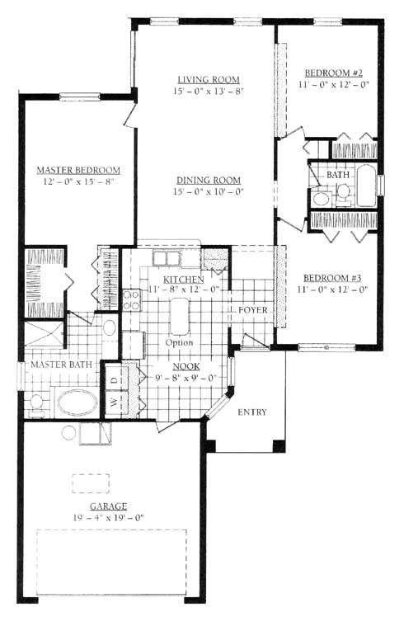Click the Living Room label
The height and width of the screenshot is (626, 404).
(x=209, y=79)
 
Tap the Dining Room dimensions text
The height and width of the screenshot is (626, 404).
(x=208, y=191)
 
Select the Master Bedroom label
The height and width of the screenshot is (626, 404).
(x=78, y=170)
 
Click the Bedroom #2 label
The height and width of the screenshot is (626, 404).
(x=333, y=73)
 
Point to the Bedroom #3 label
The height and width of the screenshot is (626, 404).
(x=332, y=278)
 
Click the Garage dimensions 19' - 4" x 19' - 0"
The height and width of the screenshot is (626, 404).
(x=108, y=518)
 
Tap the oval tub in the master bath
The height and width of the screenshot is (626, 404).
(x=77, y=402)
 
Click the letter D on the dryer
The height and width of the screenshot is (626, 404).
(x=115, y=379)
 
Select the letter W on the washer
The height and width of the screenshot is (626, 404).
(x=115, y=402)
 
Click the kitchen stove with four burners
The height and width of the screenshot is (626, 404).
(x=132, y=300)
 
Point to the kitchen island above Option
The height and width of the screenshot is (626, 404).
(x=180, y=316)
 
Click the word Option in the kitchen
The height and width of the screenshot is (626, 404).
(x=179, y=342)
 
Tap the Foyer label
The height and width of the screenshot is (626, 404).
(x=252, y=310)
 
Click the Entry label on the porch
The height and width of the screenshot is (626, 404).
(x=252, y=412)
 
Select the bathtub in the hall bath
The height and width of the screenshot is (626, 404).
(x=366, y=186)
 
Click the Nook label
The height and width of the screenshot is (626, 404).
(x=186, y=366)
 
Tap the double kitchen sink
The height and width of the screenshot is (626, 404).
(x=165, y=258)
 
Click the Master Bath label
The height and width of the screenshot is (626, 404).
(x=62, y=365)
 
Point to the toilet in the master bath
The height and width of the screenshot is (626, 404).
(x=36, y=404)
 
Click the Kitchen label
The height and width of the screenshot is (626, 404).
(x=184, y=279)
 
